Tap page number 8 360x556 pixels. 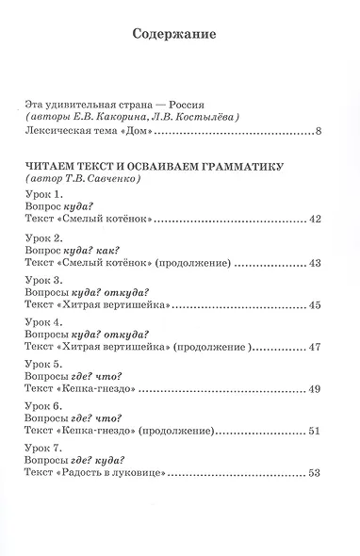(319, 130)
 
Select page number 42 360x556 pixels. (315, 219)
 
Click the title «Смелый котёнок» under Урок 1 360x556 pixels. (108, 219)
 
